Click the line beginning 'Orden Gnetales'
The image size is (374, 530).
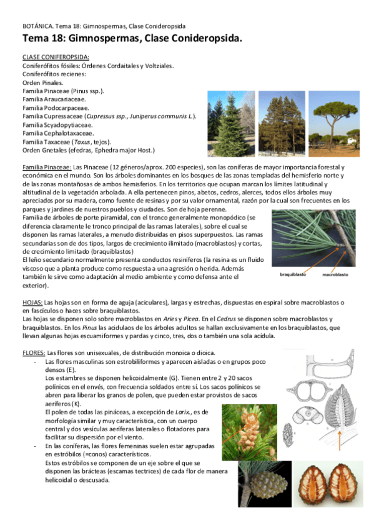(x=88, y=150)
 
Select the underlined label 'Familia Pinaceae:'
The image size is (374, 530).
(x=47, y=167)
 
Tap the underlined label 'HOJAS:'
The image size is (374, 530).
(x=32, y=302)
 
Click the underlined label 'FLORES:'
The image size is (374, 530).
(x=34, y=352)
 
